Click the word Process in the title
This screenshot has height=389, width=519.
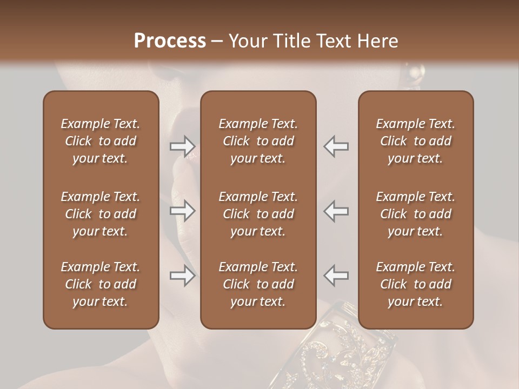click(x=170, y=41)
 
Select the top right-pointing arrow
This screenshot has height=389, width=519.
click(x=183, y=146)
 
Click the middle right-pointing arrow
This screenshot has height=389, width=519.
click(x=183, y=211)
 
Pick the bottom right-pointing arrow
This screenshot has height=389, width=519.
click(x=183, y=276)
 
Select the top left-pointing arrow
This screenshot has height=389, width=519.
click(x=336, y=146)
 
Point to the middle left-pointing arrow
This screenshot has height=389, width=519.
click(x=336, y=211)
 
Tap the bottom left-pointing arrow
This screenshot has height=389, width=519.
click(x=336, y=276)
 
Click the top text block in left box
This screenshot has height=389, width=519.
click(x=101, y=141)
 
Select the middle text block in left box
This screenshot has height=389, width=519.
click(x=101, y=214)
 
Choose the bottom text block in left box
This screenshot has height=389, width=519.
click(x=101, y=284)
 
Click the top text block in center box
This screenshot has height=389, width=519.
click(x=258, y=141)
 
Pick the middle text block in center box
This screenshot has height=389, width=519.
click(x=258, y=214)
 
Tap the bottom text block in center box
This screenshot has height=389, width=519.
click(x=258, y=284)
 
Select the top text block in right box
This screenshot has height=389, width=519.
click(x=415, y=141)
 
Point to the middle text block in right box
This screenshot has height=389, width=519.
click(x=415, y=214)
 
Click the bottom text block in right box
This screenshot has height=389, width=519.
click(x=415, y=284)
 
